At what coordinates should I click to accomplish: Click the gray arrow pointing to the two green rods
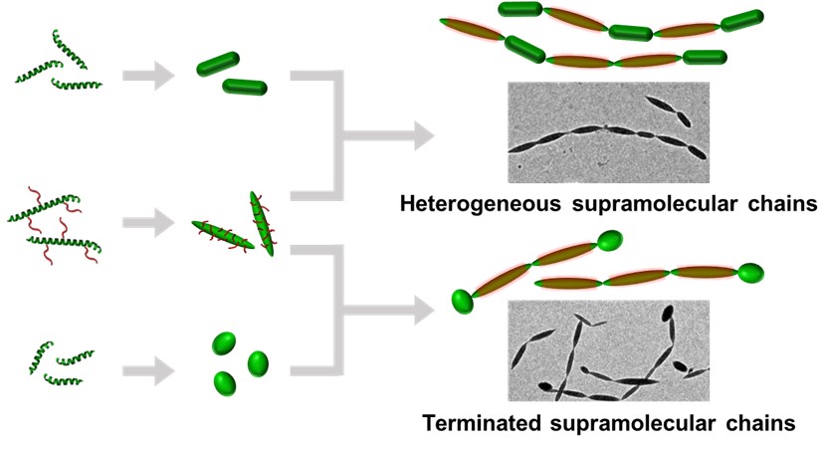[x=143, y=74]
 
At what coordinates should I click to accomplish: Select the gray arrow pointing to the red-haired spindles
[x=143, y=223]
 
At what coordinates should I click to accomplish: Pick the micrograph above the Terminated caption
[x=608, y=350]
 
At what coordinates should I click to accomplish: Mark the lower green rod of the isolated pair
[x=245, y=87]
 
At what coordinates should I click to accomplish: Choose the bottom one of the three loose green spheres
[x=225, y=381]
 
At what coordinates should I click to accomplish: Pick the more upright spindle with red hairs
[x=262, y=222]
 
